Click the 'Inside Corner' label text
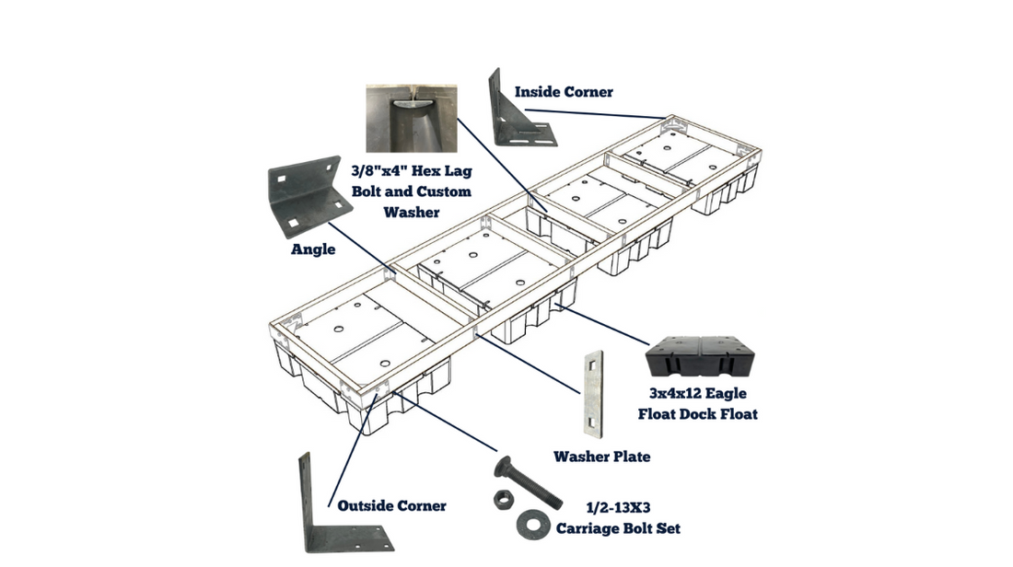click(564, 92)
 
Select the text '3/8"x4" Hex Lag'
click(411, 171)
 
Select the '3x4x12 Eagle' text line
click(698, 394)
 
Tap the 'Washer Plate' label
click(601, 457)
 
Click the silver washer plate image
click(591, 391)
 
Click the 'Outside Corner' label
click(391, 505)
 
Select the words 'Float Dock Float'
click(698, 414)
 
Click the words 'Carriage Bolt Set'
click(618, 528)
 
